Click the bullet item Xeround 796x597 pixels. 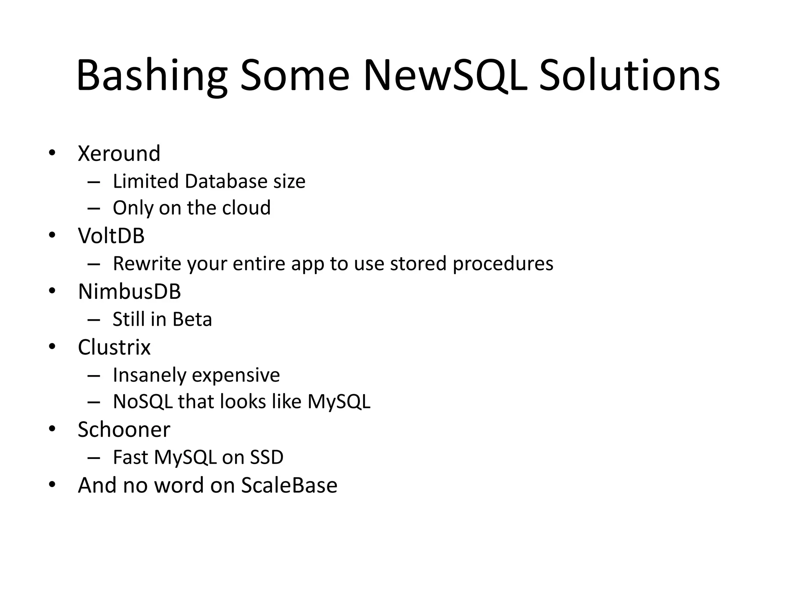[x=119, y=153]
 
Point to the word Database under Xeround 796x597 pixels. [x=226, y=181]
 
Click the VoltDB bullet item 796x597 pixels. [x=111, y=236]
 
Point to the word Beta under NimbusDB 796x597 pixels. [x=192, y=319]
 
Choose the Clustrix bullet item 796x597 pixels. [x=114, y=347]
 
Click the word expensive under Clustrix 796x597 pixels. [x=236, y=375]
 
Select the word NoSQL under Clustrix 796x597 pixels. [x=143, y=401]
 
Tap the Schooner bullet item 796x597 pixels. [x=124, y=429]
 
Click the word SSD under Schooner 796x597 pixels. [x=266, y=457]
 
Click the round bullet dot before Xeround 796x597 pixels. [x=52, y=153]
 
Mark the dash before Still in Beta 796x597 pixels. [x=94, y=320]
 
